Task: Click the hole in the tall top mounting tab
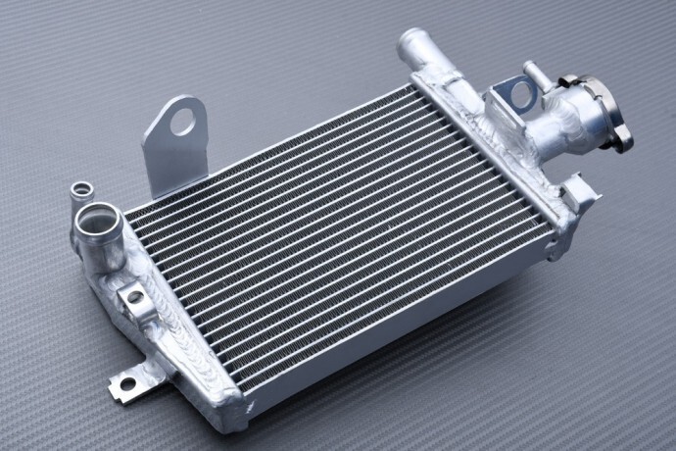pyautogui.click(x=183, y=122)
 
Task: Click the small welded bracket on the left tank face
pyautogui.click(x=131, y=297)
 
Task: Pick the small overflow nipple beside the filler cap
pyautogui.click(x=535, y=75)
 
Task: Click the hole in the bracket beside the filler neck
pyautogui.click(x=521, y=95)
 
